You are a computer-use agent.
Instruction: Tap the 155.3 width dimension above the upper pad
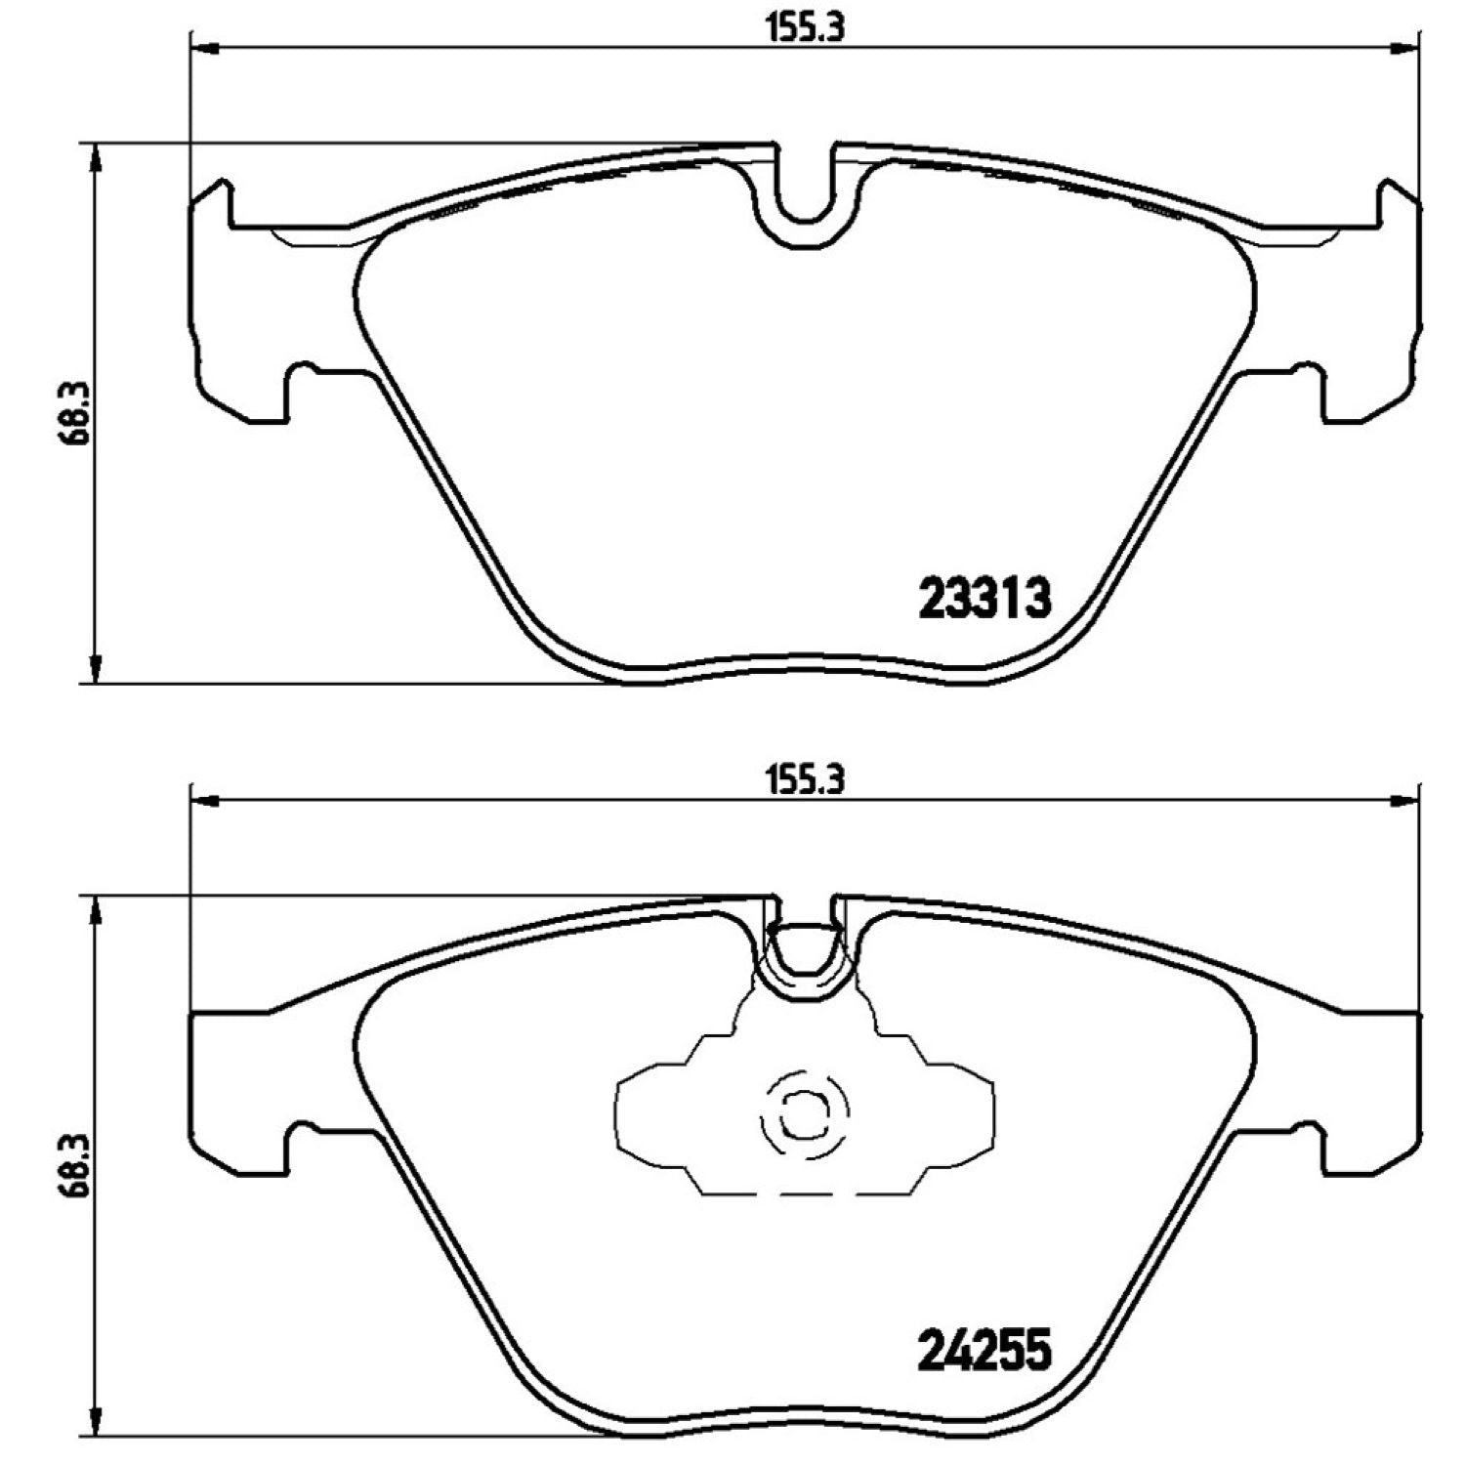tap(803, 28)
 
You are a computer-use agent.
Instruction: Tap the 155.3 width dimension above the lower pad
tap(803, 780)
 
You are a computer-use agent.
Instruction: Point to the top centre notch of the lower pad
tap(804, 952)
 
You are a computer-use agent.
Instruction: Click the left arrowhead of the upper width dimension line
tap(202, 46)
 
